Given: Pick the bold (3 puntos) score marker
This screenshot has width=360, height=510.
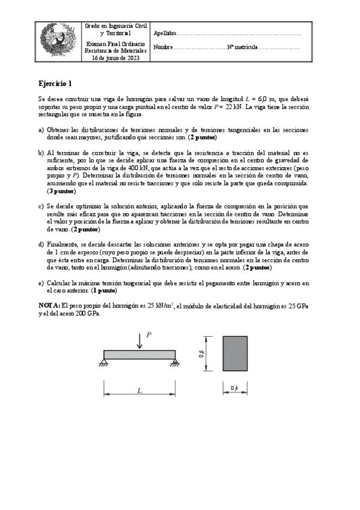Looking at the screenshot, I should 61,191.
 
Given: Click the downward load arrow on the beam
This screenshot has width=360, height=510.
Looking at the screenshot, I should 139,340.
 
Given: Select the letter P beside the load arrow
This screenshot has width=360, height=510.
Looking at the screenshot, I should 149,334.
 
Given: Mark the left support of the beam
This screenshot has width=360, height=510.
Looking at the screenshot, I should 104,363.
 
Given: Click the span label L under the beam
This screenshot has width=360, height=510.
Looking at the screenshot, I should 139,391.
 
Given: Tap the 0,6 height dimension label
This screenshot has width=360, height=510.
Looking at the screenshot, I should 202,354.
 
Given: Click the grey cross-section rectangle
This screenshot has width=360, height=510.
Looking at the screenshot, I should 234,354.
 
